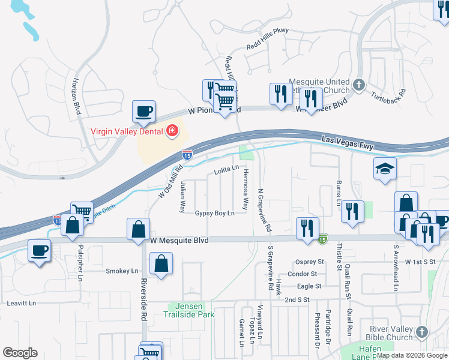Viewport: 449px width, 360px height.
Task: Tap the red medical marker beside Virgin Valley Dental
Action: click(172, 131)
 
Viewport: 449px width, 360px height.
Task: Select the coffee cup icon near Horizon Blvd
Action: click(144, 111)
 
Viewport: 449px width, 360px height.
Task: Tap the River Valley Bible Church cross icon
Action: click(421, 331)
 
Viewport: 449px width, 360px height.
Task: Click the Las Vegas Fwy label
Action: click(348, 139)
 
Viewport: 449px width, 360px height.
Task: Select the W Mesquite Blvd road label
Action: click(179, 240)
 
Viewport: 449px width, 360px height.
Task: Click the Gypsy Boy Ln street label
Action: click(214, 214)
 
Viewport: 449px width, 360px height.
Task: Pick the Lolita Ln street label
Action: click(226, 173)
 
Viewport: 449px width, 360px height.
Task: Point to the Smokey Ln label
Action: click(122, 271)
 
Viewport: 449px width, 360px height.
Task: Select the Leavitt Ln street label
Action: click(22, 304)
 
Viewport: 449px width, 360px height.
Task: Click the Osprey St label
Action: click(310, 262)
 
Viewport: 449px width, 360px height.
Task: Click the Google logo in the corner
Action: click(20, 353)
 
